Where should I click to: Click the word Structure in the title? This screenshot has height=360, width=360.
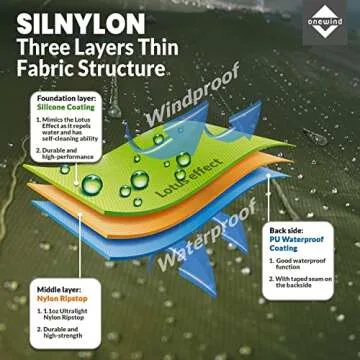coord(125,70)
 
